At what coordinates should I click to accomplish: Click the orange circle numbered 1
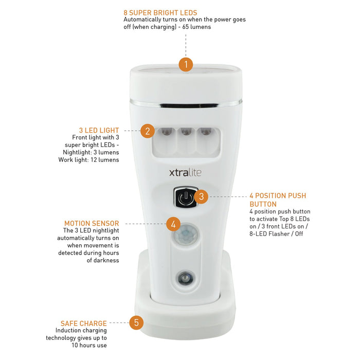tap(186, 64)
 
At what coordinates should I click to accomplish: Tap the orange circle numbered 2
tap(148, 131)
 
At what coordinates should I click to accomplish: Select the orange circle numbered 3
tap(202, 196)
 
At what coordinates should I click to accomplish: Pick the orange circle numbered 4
tap(173, 224)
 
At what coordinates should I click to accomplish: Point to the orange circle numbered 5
tap(136, 322)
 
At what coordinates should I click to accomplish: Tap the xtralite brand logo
tap(185, 172)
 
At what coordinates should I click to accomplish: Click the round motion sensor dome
tap(186, 235)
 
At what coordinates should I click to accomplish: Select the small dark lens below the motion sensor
tap(185, 279)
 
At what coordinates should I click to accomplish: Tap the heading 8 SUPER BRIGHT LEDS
tap(160, 13)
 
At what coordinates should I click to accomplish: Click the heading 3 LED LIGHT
tap(99, 130)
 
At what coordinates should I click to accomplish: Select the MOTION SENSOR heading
tap(92, 223)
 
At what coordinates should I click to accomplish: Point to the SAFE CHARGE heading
tap(83, 323)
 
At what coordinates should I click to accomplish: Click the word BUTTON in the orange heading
tap(263, 204)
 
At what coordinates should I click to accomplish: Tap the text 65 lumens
tap(196, 27)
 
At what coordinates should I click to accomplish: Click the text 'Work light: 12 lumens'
tap(88, 160)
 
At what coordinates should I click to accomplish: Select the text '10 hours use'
tap(89, 345)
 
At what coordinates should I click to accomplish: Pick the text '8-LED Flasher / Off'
tap(276, 233)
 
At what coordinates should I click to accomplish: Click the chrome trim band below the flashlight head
tap(186, 103)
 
